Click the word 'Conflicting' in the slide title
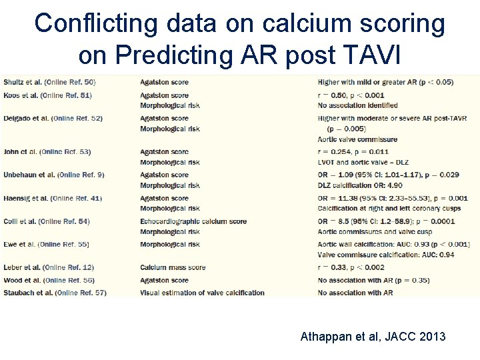pyautogui.click(x=97, y=23)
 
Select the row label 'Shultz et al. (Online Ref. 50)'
pyautogui.click(x=49, y=82)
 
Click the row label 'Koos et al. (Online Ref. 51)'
pyautogui.click(x=47, y=95)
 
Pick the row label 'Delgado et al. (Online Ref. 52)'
pyautogui.click(x=52, y=118)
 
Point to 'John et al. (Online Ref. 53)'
pyautogui.click(x=46, y=152)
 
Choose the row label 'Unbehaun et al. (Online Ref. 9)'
pyautogui.click(x=53, y=175)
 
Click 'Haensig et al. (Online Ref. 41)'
pyautogui.click(x=52, y=198)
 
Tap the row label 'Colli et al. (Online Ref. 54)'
pyautogui.click(x=46, y=221)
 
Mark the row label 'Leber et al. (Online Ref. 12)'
pyautogui.click(x=47, y=267)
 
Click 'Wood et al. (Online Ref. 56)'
pyautogui.click(x=48, y=280)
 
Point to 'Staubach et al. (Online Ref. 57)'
pyautogui.click(x=54, y=293)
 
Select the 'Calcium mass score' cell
pyautogui.click(x=173, y=267)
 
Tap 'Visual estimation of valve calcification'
pyautogui.click(x=202, y=293)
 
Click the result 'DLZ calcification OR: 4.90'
pyautogui.click(x=360, y=185)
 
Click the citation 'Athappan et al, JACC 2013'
pyautogui.click(x=373, y=337)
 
